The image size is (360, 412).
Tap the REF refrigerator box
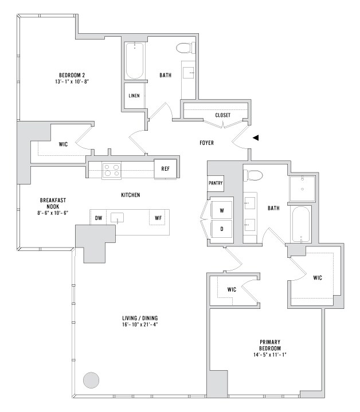pos(165,168)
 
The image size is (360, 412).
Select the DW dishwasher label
pos(99,217)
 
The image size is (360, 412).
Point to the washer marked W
pos(221,210)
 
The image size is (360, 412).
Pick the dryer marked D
pos(221,228)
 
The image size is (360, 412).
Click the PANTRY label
pos(215,184)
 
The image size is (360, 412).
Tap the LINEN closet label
pos(134,95)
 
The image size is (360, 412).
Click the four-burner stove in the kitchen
pos(111,170)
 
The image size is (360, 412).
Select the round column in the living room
pos(91,380)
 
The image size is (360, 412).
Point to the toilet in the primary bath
pos(256,175)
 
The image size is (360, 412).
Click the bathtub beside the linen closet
pos(135,61)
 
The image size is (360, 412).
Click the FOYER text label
pos(206,143)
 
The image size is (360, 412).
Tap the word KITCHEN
pos(131,195)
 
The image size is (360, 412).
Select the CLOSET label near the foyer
pos(223,115)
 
